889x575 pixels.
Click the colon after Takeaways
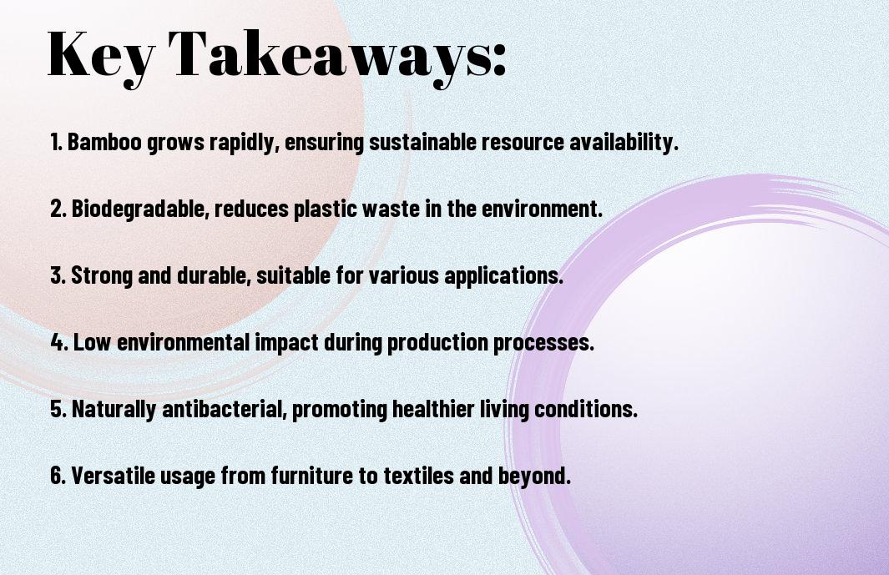[498, 59]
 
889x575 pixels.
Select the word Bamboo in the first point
[104, 142]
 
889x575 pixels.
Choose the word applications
[503, 275]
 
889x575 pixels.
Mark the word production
[437, 342]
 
